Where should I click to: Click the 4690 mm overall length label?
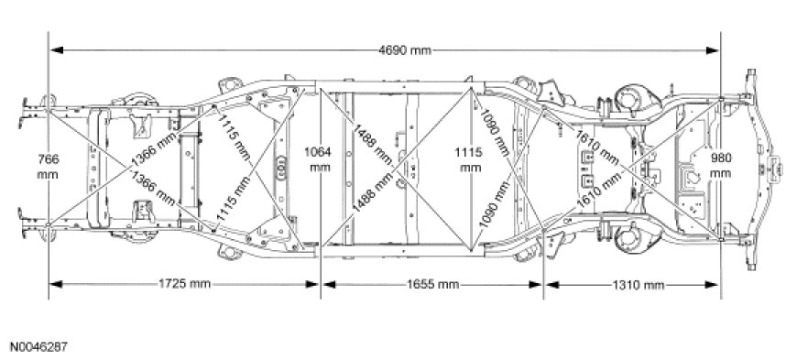405,50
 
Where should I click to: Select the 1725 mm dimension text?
184,284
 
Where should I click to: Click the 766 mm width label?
49,167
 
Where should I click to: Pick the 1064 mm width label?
318,159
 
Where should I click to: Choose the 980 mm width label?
721,166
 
